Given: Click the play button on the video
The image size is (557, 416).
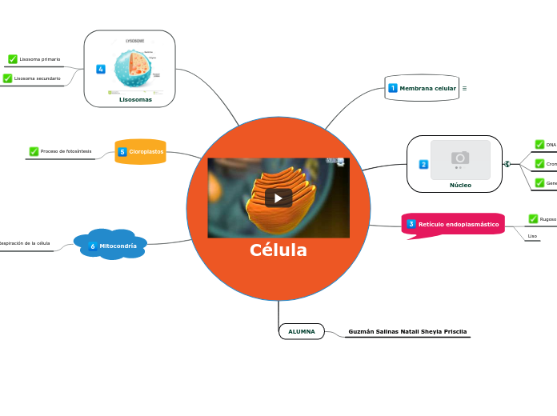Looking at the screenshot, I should point(278,198).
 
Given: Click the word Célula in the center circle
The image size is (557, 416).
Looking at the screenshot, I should point(278,250).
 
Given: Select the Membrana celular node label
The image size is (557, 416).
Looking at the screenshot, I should point(427,88).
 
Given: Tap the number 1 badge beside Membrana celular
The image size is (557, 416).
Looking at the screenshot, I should point(393,88).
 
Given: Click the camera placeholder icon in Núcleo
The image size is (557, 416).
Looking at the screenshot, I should point(460,157).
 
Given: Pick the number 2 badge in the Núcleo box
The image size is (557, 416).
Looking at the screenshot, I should point(423,164).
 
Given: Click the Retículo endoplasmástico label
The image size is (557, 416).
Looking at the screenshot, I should point(459,225).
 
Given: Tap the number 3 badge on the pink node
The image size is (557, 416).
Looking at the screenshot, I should point(411,224).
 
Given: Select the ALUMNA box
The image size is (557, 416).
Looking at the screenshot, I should point(302,331).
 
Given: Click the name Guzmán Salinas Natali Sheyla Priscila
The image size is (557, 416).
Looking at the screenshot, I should point(407,331).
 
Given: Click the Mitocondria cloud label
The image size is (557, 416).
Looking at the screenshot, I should point(118,246).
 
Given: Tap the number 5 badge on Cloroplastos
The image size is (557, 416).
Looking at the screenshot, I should point(122,151).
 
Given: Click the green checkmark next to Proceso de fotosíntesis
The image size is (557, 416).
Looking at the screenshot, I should point(34,151).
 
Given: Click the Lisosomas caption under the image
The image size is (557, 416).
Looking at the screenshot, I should point(135,100).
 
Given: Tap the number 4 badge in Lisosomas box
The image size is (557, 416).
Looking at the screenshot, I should point(101,70).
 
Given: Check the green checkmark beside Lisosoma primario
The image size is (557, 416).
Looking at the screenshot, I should point(13,59).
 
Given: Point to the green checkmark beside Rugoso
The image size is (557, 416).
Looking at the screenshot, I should point(533,219).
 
